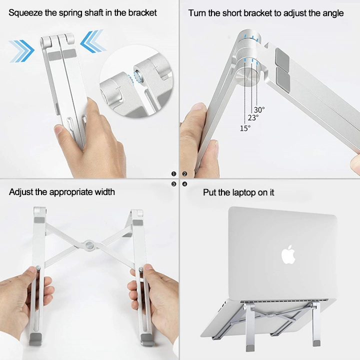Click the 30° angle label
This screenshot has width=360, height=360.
(259, 109)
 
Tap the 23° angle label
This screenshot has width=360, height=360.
(253, 118)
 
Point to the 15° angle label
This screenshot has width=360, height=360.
(245, 128)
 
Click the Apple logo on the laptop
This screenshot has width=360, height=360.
(288, 254)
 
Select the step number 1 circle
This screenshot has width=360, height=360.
(174, 174)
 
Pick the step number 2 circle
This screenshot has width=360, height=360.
(184, 174)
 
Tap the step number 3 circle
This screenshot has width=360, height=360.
(174, 184)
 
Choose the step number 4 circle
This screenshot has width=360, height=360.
(184, 184)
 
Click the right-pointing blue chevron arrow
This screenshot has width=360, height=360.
(22, 51)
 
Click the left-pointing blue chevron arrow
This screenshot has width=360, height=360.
(93, 41)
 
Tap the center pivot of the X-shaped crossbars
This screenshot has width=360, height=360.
(89, 245)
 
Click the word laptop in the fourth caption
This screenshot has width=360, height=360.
(244, 192)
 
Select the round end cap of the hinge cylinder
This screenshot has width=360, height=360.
(249, 78)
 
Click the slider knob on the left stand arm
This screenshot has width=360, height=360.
(38, 268)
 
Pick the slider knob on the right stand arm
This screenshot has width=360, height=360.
(141, 269)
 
